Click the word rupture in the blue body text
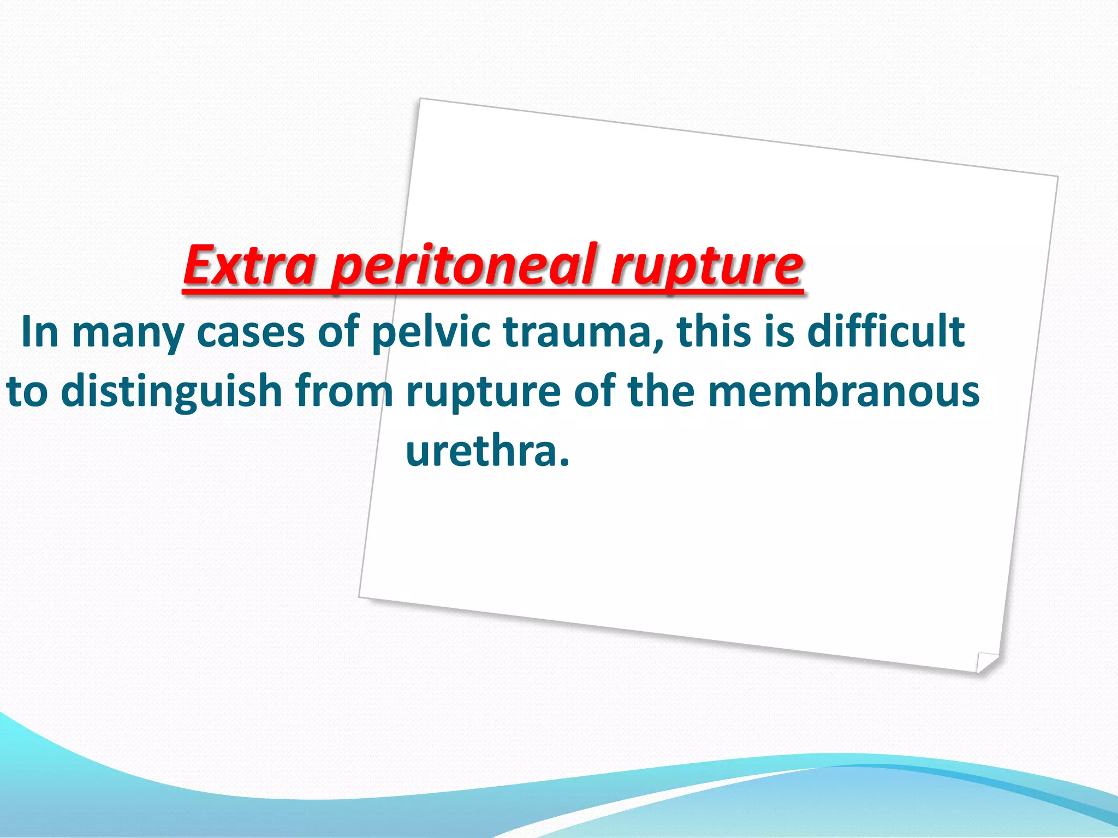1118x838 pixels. tap(483, 391)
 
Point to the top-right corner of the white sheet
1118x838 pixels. tap(1057, 177)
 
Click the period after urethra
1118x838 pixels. tap(564, 464)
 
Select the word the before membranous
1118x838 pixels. tap(661, 391)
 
